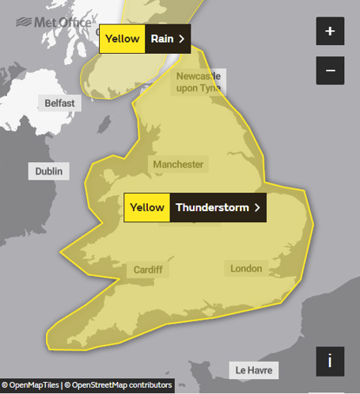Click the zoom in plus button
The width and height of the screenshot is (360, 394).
(330, 32)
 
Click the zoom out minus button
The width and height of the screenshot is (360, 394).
(330, 70)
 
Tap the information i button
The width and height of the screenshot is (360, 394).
(330, 361)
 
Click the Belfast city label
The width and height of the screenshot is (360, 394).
(59, 104)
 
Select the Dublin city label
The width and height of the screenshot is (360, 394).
(49, 171)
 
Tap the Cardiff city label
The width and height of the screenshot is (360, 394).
(147, 270)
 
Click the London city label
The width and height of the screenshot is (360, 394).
(246, 269)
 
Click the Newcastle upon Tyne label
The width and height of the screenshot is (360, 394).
(199, 82)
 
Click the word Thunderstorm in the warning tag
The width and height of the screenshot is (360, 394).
(212, 208)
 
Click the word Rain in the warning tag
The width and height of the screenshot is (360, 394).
(161, 38)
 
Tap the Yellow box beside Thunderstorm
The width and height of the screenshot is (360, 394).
(146, 208)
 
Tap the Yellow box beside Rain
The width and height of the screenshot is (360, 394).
(122, 38)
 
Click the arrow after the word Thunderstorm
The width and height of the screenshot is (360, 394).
(256, 208)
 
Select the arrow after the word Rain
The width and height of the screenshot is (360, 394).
(181, 38)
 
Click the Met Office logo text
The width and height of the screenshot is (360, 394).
(64, 23)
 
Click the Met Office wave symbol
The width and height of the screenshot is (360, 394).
(23, 21)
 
